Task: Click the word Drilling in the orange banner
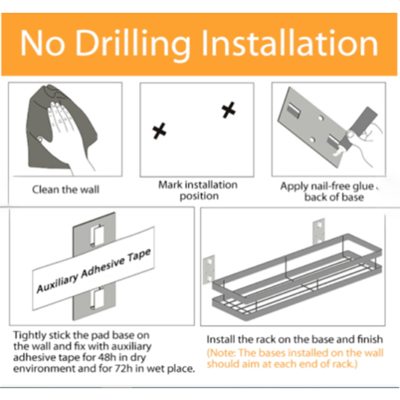(133, 44)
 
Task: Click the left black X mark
(159, 131)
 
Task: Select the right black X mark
(228, 110)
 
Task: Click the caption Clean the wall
(65, 189)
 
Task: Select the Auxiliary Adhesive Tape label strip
(93, 268)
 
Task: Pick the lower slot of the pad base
(97, 298)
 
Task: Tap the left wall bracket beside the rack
(208, 269)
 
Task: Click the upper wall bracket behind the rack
(319, 231)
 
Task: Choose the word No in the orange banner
(42, 42)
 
